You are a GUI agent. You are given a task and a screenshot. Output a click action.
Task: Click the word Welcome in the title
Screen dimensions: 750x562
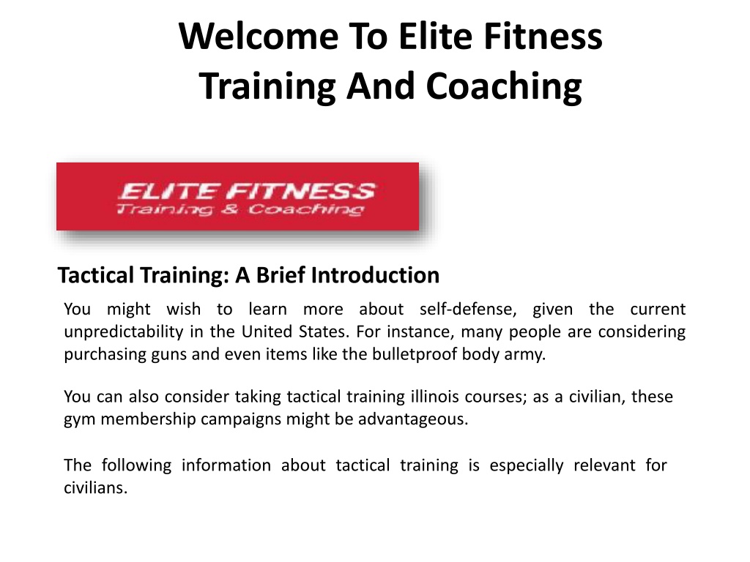pyautogui.click(x=259, y=37)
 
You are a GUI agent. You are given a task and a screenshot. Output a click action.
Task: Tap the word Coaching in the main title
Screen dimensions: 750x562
pyautogui.click(x=504, y=87)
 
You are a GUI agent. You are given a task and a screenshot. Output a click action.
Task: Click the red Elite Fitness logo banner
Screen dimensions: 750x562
pyautogui.click(x=238, y=196)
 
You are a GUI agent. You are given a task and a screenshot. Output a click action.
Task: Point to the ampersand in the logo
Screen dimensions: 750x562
pyautogui.click(x=229, y=209)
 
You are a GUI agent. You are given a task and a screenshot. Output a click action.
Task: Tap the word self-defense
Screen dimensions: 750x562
pyautogui.click(x=468, y=310)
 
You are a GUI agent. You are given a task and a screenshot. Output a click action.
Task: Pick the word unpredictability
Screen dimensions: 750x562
pyautogui.click(x=123, y=332)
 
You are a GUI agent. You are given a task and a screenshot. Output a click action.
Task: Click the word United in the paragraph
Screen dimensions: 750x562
pyautogui.click(x=267, y=331)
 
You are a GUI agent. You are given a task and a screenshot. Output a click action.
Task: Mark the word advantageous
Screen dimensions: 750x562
pyautogui.click(x=413, y=419)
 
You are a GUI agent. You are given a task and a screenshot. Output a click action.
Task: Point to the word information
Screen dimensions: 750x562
pyautogui.click(x=226, y=465)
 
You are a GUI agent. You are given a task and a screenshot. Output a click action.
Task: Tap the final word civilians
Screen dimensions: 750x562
pyautogui.click(x=96, y=488)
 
